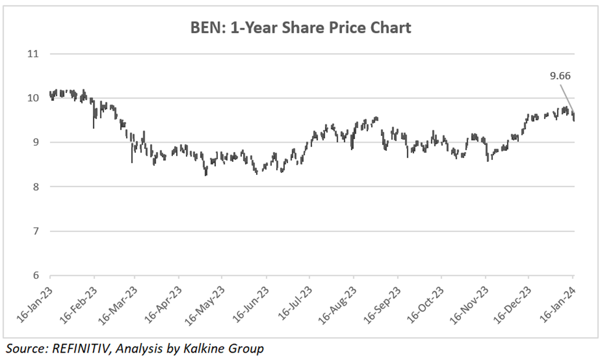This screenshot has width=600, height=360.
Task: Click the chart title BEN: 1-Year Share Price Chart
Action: pos(300,28)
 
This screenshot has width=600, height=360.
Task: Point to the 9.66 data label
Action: pos(560,77)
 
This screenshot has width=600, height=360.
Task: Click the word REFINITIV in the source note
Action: pos(83,349)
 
